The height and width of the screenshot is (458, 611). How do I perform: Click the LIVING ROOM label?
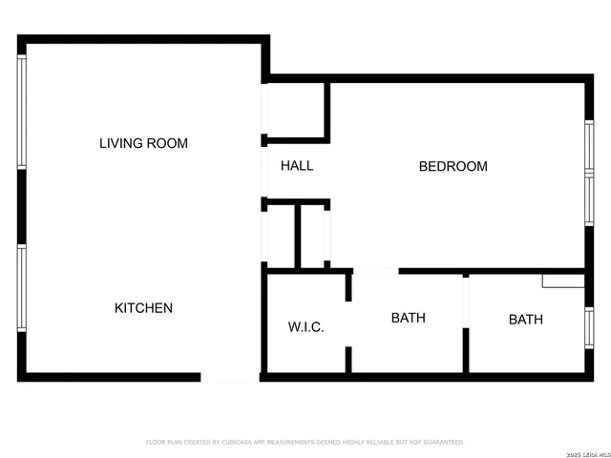point(143,143)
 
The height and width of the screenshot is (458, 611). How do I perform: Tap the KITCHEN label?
point(143,308)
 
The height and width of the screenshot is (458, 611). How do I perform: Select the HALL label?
point(297,166)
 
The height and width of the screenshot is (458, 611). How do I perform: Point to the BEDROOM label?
point(453,166)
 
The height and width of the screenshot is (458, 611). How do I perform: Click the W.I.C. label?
point(305,327)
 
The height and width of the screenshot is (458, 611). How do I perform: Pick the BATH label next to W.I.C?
point(408,318)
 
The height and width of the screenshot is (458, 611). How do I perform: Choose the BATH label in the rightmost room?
point(525,320)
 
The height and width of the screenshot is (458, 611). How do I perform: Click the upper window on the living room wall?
point(22,112)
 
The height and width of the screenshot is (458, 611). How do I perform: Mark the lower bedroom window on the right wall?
point(589,201)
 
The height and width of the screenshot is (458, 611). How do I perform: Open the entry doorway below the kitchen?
point(230,377)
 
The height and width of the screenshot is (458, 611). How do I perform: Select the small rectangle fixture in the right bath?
point(562,281)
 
